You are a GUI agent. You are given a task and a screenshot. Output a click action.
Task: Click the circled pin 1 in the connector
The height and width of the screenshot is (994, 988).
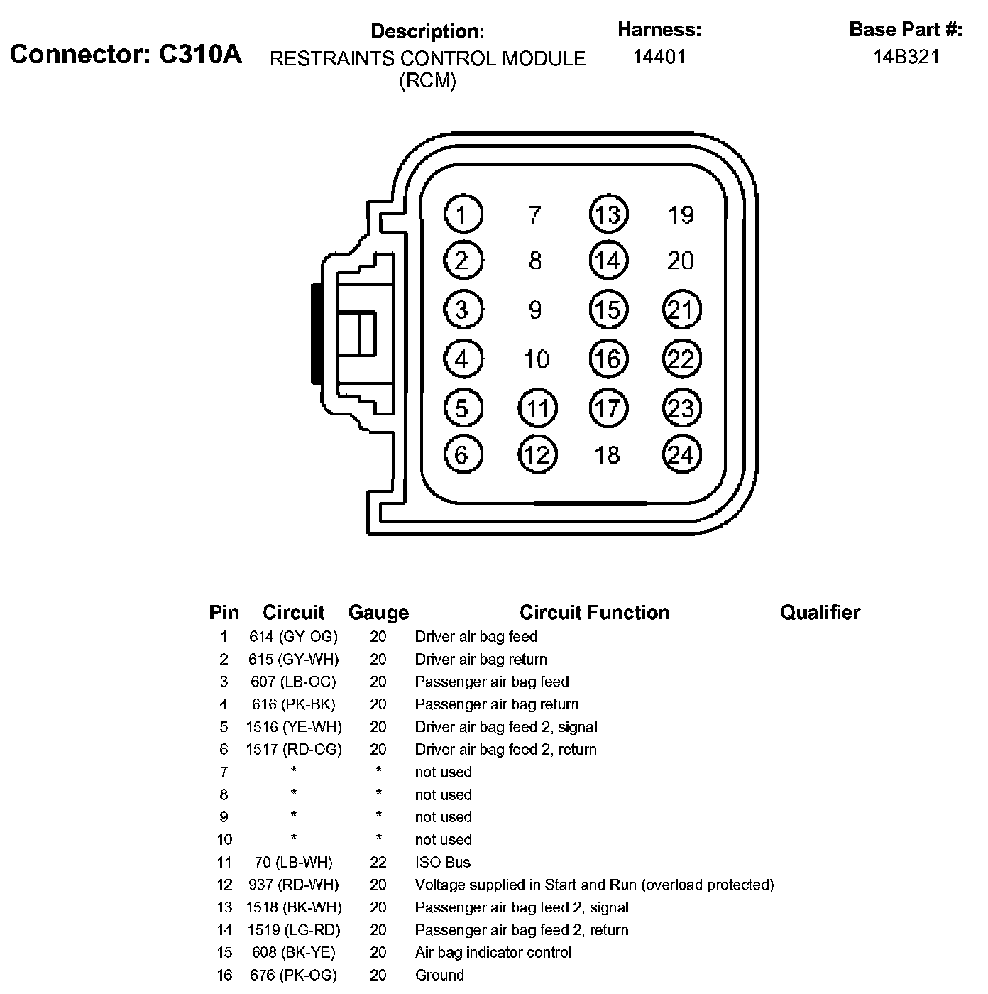463,214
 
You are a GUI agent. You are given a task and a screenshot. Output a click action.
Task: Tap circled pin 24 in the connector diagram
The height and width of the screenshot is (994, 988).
681,454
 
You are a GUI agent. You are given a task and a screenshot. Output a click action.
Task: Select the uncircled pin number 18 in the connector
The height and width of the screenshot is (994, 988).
608,454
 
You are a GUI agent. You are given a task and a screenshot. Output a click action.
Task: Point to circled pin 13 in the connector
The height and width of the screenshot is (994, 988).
608,214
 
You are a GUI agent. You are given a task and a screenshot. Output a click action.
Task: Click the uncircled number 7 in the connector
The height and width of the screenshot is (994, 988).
535,214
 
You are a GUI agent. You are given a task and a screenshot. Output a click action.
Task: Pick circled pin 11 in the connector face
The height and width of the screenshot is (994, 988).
538,408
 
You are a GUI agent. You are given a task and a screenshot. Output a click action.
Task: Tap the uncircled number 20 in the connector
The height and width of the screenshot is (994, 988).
680,261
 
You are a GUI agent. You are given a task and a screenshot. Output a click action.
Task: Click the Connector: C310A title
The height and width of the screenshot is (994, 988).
126,54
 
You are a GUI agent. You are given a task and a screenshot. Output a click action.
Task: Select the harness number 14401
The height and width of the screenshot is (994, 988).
659,57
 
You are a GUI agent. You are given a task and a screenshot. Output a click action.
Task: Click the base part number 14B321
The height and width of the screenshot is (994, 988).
906,57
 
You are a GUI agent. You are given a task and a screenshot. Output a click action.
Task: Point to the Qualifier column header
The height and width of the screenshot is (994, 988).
820,612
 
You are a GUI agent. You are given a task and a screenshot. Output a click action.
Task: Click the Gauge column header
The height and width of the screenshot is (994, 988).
378,612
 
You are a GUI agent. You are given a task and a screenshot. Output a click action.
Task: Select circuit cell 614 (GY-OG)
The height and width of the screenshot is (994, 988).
294,636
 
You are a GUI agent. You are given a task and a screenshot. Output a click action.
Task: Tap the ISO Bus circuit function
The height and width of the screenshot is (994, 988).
443,862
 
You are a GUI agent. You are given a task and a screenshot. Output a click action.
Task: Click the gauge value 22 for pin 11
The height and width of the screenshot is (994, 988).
378,862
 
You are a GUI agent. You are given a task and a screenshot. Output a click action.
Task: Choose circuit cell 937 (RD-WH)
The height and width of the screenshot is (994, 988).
294,885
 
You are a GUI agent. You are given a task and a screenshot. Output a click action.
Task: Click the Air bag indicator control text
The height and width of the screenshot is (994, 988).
493,952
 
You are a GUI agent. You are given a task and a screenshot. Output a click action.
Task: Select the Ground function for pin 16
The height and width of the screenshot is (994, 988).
439,975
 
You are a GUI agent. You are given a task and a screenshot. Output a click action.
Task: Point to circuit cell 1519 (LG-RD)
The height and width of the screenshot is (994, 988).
294,929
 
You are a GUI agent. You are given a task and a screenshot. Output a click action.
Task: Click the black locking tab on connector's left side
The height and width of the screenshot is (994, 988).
314,334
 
